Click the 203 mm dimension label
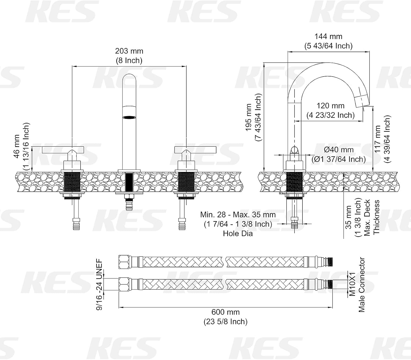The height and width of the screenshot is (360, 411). pyautogui.click(x=129, y=51)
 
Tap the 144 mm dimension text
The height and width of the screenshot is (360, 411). pyautogui.click(x=328, y=36)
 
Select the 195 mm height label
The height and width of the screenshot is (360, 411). pyautogui.click(x=249, y=117)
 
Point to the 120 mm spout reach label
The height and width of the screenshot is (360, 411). pyautogui.click(x=330, y=106)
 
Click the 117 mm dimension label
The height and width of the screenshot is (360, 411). pyautogui.click(x=378, y=139)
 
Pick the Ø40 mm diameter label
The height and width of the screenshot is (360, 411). pyautogui.click(x=339, y=150)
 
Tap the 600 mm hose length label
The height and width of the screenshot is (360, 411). pyautogui.click(x=225, y=312)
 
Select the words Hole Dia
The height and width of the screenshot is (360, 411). pyautogui.click(x=238, y=234)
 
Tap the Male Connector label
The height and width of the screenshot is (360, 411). pyautogui.click(x=362, y=284)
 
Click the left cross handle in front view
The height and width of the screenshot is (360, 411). pyautogui.click(x=62, y=150)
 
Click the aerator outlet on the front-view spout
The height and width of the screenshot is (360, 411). pyautogui.click(x=129, y=117)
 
